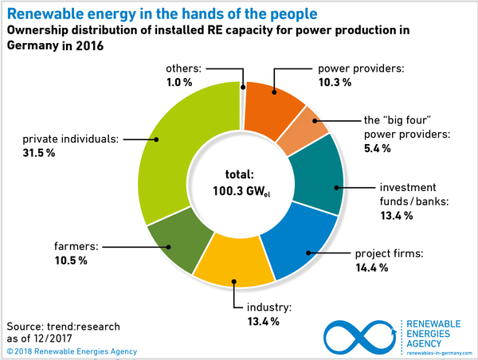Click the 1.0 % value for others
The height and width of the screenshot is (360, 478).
pos(182,80)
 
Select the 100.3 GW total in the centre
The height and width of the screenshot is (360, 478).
pos(239,192)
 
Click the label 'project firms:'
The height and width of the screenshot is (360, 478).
pos(387,255)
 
